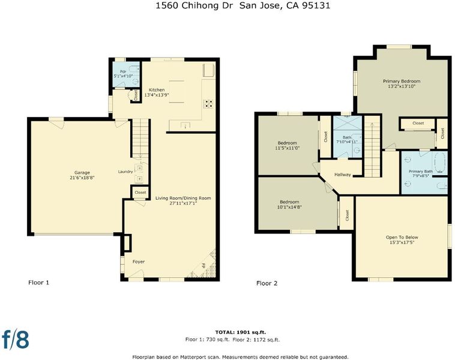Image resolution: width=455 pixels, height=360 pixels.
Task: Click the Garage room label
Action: [82, 172]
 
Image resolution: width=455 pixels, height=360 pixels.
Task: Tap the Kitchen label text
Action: [157, 90]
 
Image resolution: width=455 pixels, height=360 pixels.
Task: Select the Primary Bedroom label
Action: [402, 81]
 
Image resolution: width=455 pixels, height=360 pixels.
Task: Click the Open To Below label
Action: [402, 237]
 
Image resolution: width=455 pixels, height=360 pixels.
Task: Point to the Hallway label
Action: [342, 175]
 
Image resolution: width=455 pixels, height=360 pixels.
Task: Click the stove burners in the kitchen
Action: [209, 104]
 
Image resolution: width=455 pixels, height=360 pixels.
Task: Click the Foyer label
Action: [139, 262]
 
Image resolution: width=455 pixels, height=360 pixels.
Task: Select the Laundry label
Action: [125, 172]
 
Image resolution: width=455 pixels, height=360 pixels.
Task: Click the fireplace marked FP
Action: [203, 265]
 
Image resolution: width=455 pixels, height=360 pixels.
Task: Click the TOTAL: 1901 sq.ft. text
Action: [241, 332]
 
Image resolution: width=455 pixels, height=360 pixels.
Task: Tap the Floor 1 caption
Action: [38, 283]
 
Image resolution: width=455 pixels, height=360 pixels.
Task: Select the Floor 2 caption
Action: [267, 283]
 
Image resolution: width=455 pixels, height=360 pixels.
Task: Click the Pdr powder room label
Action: [123, 71]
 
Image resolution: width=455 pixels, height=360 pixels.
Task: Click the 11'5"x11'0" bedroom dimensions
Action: [288, 148]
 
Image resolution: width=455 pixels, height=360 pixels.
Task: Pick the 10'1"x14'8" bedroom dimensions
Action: [289, 207]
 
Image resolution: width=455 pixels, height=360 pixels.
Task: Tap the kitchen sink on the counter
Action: [185, 125]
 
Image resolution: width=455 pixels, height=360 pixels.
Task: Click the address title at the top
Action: [243, 5]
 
